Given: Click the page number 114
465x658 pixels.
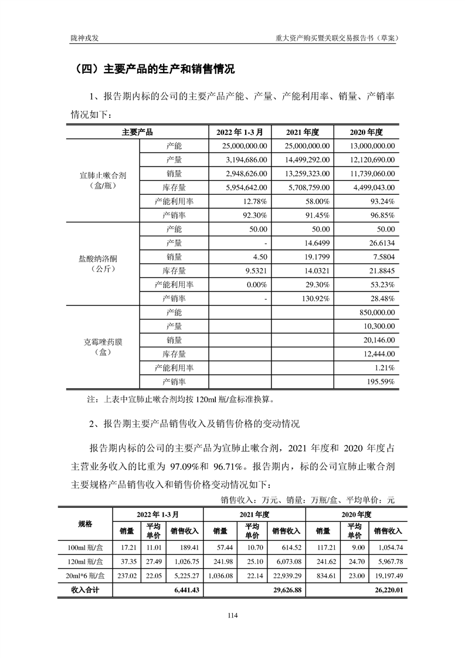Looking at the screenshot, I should (232, 615).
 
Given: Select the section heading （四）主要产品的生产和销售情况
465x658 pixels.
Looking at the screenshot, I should (152, 69).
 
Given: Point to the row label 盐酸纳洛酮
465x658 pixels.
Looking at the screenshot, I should (103, 258).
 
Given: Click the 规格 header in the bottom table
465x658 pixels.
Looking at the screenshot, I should (86, 524).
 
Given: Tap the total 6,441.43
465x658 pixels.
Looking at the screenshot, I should (187, 590).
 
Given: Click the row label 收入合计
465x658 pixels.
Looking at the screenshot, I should (86, 590).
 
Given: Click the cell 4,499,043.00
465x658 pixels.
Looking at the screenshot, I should (372, 188).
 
